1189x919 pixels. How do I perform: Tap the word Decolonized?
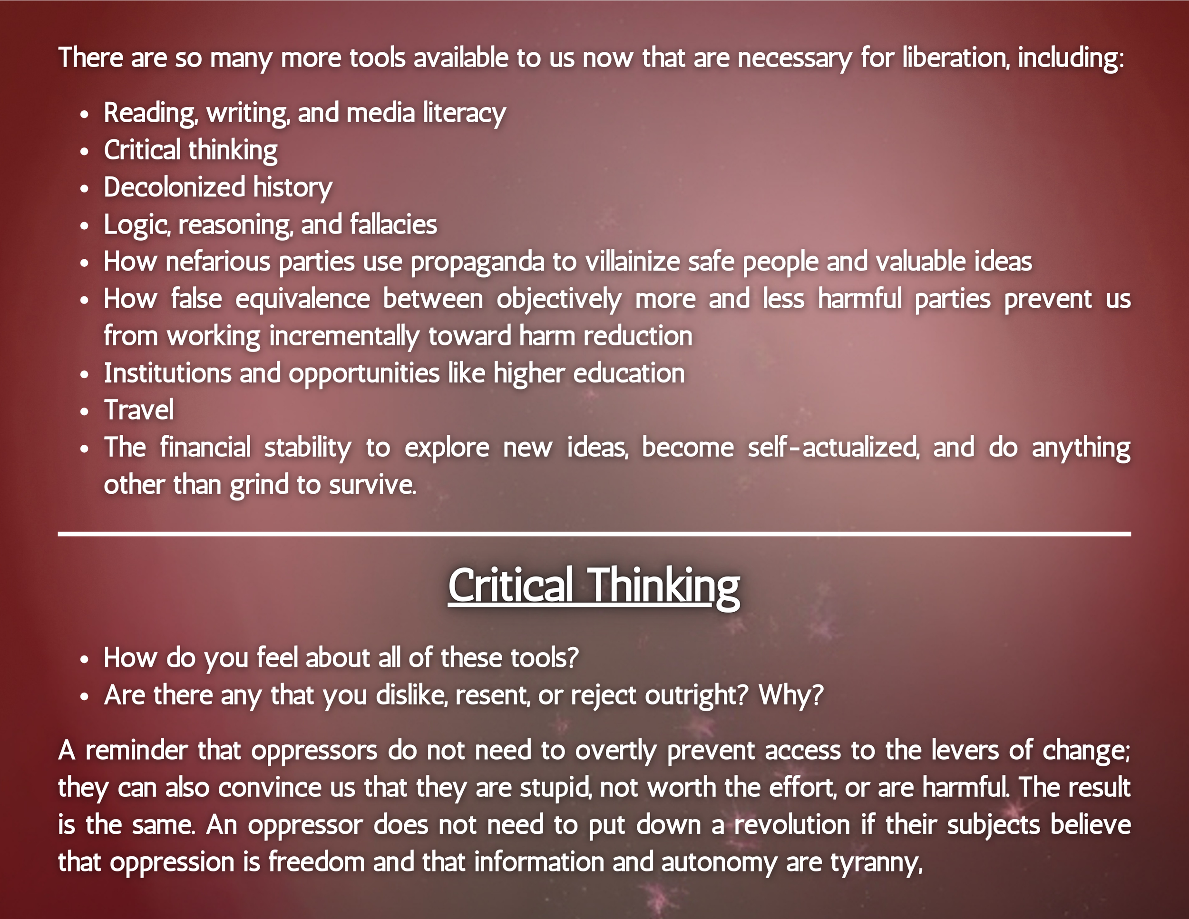174,187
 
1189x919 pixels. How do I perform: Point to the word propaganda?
477,262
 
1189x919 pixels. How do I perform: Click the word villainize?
633,262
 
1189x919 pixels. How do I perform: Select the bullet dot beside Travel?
84,411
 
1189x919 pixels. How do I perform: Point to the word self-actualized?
834,448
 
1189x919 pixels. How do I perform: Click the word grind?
259,485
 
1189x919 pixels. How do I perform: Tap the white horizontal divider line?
594,534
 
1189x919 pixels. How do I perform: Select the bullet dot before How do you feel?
84,659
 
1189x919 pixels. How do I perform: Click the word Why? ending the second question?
791,695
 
